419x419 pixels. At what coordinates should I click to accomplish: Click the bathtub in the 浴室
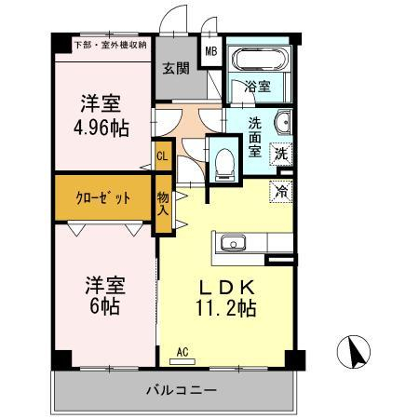(x=260, y=59)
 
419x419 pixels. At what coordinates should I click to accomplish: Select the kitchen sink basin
(x=233, y=243)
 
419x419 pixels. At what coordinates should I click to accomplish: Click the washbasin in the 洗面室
(x=283, y=122)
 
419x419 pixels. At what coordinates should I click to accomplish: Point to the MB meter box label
(x=211, y=51)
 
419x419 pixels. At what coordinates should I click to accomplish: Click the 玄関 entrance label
(x=176, y=68)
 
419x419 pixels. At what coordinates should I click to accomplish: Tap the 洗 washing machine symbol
(x=281, y=154)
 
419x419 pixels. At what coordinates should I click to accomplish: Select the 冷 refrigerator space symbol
(x=281, y=191)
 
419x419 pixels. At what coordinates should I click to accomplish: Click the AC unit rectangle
(x=182, y=361)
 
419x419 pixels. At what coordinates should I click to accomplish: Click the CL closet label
(x=162, y=156)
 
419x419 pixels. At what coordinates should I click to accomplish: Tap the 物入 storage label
(x=163, y=203)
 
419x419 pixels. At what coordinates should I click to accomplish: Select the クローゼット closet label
(x=102, y=197)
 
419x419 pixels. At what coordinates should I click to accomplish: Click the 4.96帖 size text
(x=101, y=128)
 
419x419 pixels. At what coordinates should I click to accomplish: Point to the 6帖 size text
(x=104, y=306)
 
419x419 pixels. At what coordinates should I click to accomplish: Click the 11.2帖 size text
(x=225, y=308)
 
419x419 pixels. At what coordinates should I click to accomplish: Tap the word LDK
(x=226, y=288)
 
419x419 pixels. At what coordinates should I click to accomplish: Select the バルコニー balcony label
(x=182, y=390)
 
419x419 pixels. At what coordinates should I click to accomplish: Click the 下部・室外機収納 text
(x=111, y=45)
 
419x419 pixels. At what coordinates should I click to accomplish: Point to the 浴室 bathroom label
(x=257, y=87)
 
